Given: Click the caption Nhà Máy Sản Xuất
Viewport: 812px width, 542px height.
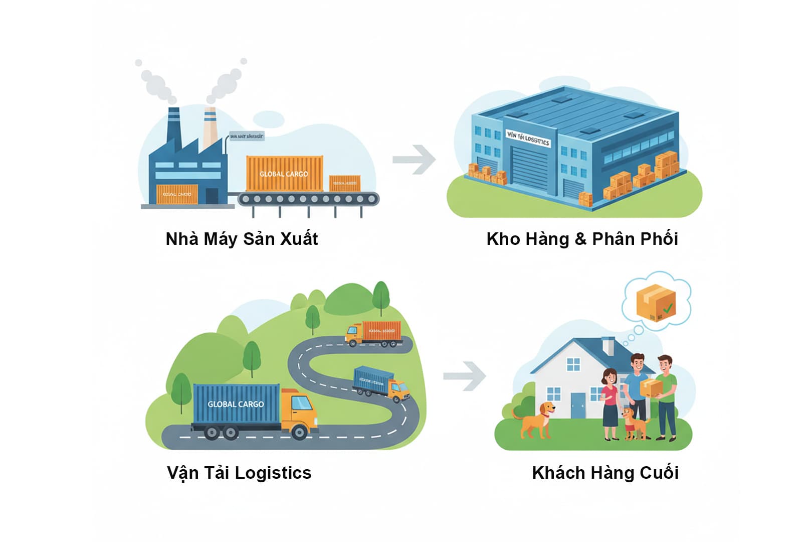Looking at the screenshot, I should click(x=242, y=239).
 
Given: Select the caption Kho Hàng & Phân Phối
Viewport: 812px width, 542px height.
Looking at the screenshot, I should click(x=582, y=239).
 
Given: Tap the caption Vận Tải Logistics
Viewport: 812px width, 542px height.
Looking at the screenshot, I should click(x=239, y=473).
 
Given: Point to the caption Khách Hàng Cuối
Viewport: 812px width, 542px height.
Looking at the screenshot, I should click(x=605, y=473).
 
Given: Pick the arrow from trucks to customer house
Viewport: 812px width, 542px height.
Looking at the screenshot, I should click(x=465, y=375).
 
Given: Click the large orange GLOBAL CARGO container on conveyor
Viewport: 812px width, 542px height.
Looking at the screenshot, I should click(x=284, y=174).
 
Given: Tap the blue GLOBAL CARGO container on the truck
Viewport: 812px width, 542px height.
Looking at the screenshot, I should click(x=236, y=404).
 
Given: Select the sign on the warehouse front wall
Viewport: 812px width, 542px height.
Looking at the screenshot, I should click(x=528, y=138).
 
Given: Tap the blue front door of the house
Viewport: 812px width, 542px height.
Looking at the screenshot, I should click(x=578, y=405).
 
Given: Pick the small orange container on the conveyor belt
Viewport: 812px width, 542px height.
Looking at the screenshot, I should click(x=344, y=183).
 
